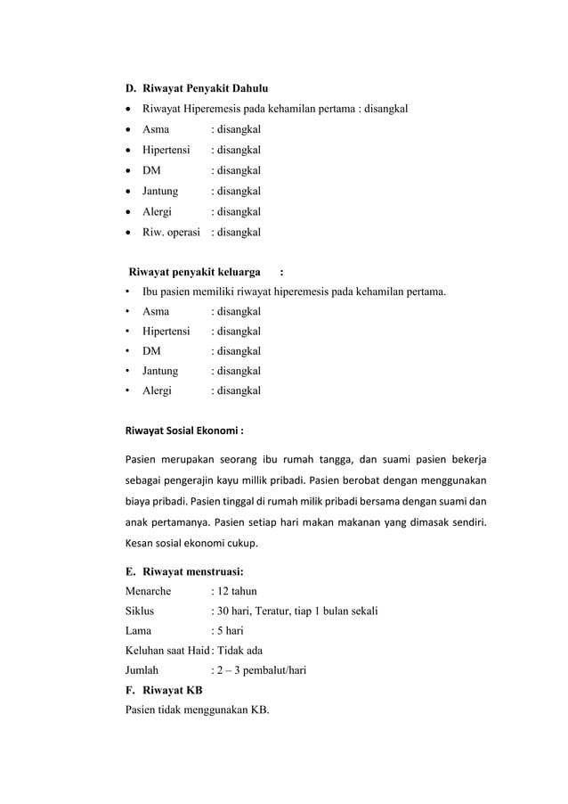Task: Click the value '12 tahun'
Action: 237,591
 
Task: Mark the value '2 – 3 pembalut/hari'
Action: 262,670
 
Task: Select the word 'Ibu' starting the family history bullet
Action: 150,291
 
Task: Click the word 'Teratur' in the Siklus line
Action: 276,611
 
